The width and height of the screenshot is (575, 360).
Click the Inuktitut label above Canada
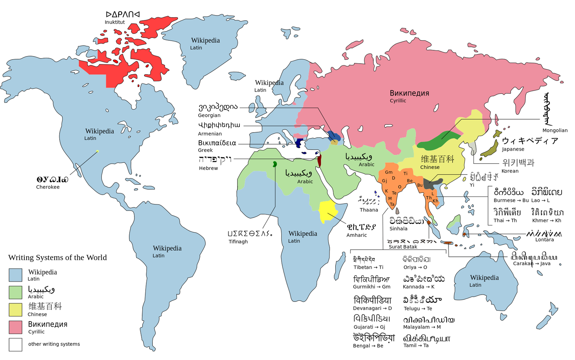click(x=115, y=22)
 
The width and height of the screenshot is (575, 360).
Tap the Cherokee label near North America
click(x=48, y=187)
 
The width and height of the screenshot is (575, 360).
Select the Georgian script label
click(x=209, y=115)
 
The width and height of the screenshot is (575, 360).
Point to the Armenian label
click(x=210, y=134)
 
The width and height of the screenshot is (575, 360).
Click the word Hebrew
click(x=208, y=168)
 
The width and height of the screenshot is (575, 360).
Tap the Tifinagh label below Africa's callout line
click(x=238, y=242)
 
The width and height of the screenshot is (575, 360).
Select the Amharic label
click(x=356, y=235)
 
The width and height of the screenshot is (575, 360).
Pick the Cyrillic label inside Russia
click(x=398, y=101)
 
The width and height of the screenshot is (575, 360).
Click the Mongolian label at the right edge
click(x=555, y=130)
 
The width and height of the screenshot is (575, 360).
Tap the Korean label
click(x=510, y=171)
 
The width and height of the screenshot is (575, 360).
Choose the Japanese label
click(x=513, y=149)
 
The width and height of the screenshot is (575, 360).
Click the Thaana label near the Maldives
click(x=369, y=210)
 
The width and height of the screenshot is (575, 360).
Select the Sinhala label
click(x=398, y=229)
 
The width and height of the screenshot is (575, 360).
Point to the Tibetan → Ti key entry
click(x=368, y=267)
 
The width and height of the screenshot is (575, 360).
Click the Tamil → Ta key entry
click(x=416, y=346)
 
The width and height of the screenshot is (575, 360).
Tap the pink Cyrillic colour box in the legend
click(x=15, y=327)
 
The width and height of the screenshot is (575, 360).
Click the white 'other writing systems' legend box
click(x=15, y=345)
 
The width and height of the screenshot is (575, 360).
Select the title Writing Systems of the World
click(x=57, y=258)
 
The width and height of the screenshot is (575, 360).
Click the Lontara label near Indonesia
click(x=544, y=240)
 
